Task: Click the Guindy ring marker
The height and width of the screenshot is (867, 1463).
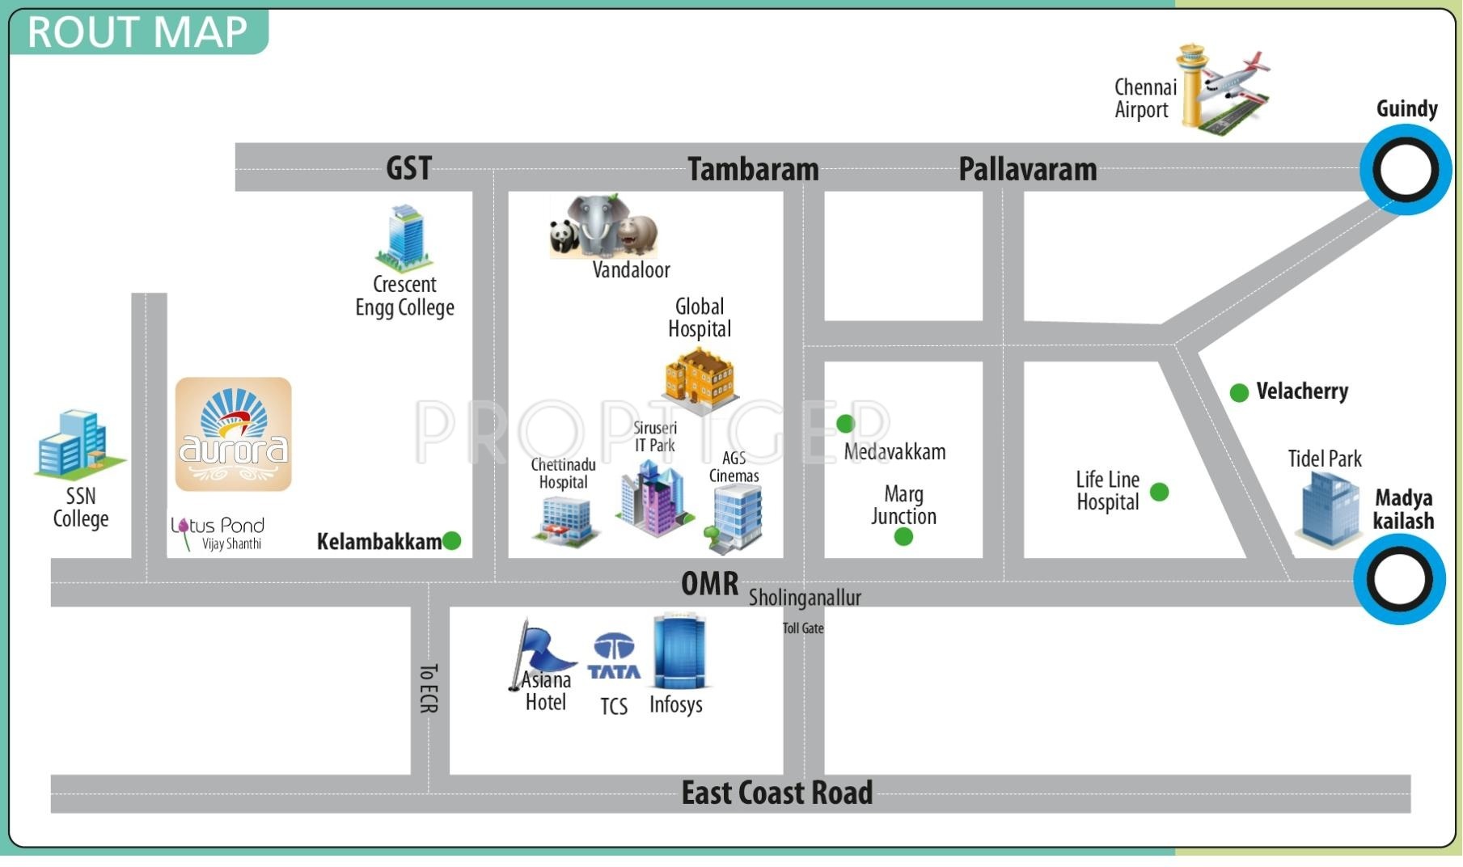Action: click(1406, 171)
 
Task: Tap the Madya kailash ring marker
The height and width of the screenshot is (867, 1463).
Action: click(1400, 580)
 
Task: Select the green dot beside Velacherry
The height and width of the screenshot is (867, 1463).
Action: click(1239, 393)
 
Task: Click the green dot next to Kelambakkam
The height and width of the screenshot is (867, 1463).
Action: click(452, 540)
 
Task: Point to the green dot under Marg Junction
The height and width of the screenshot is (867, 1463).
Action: click(903, 536)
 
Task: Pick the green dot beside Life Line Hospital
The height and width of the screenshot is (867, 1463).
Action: click(1159, 492)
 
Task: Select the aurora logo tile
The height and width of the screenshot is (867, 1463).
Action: click(234, 434)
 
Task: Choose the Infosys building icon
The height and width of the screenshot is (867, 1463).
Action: click(679, 651)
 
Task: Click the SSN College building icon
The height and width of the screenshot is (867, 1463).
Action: click(77, 444)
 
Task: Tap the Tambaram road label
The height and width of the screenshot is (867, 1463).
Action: click(753, 170)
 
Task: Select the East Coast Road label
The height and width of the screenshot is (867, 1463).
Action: click(776, 793)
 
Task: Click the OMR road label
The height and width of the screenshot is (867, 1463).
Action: click(709, 583)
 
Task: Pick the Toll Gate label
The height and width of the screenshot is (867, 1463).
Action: click(802, 628)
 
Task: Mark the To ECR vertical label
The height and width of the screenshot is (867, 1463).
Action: click(429, 688)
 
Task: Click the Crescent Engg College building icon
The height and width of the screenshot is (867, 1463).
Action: click(404, 237)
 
